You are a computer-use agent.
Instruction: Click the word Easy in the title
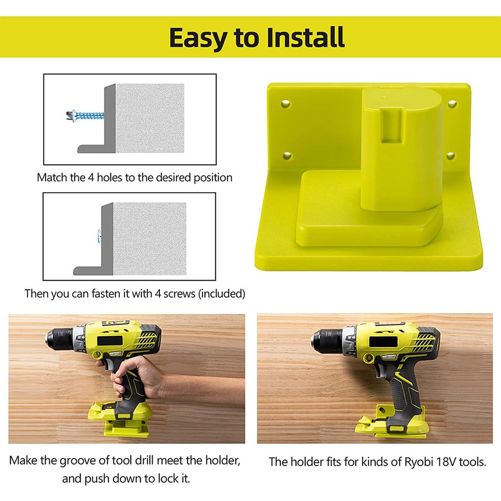pyautogui.click(x=199, y=37)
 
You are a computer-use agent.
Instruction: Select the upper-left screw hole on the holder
pyautogui.click(x=285, y=103)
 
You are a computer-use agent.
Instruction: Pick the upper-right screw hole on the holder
pyautogui.click(x=451, y=103)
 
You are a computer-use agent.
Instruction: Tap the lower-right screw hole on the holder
pyautogui.click(x=450, y=156)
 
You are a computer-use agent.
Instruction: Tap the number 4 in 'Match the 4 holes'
pyautogui.click(x=91, y=177)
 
